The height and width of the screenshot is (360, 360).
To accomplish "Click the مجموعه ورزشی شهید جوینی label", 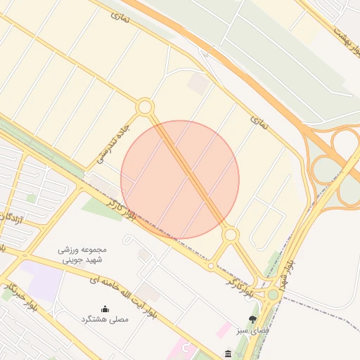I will pos(83,254).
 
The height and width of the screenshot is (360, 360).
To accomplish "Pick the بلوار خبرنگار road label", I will pos(20,296).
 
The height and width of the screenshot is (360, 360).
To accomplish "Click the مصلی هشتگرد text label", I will pos(105,319).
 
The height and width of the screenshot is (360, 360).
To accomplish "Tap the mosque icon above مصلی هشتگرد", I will pos(105,308).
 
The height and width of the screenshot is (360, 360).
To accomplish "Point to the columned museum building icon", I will pos(228,353).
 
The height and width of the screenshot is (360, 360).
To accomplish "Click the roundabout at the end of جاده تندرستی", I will pos(145,108).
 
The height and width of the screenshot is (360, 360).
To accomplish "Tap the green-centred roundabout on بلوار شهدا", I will pos(272,295).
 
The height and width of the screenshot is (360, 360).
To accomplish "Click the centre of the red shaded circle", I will pos(180,179).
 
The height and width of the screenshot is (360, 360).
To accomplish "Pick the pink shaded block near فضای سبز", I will pos(224,328).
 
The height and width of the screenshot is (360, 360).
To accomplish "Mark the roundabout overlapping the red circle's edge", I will pos(231,234).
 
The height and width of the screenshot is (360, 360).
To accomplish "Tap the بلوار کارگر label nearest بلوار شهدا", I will pos(240,284).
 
